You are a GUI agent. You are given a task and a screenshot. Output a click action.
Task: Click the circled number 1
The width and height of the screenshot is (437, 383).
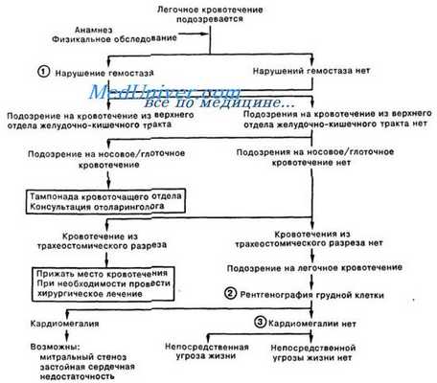coord(42,72)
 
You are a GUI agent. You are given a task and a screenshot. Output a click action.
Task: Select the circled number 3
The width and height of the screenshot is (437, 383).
coord(259,322)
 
